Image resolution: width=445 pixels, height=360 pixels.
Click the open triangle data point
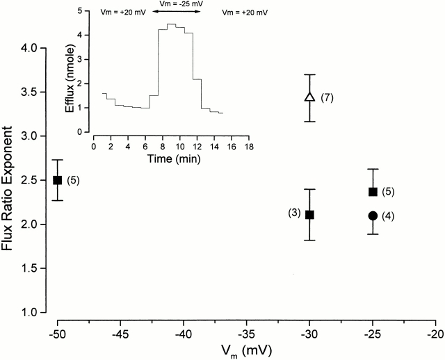pyautogui.click(x=310, y=97)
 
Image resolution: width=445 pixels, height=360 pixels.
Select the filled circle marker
pyautogui.click(x=373, y=215)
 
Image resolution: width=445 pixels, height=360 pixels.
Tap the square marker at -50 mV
pyautogui.click(x=58, y=180)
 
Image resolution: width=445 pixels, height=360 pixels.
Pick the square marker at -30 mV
pyautogui.click(x=310, y=214)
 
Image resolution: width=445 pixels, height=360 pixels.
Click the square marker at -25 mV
pyautogui.click(x=373, y=191)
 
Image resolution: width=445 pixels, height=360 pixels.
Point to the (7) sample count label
pyautogui.click(x=328, y=97)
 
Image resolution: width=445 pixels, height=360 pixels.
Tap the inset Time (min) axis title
pyautogui.click(x=169, y=158)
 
